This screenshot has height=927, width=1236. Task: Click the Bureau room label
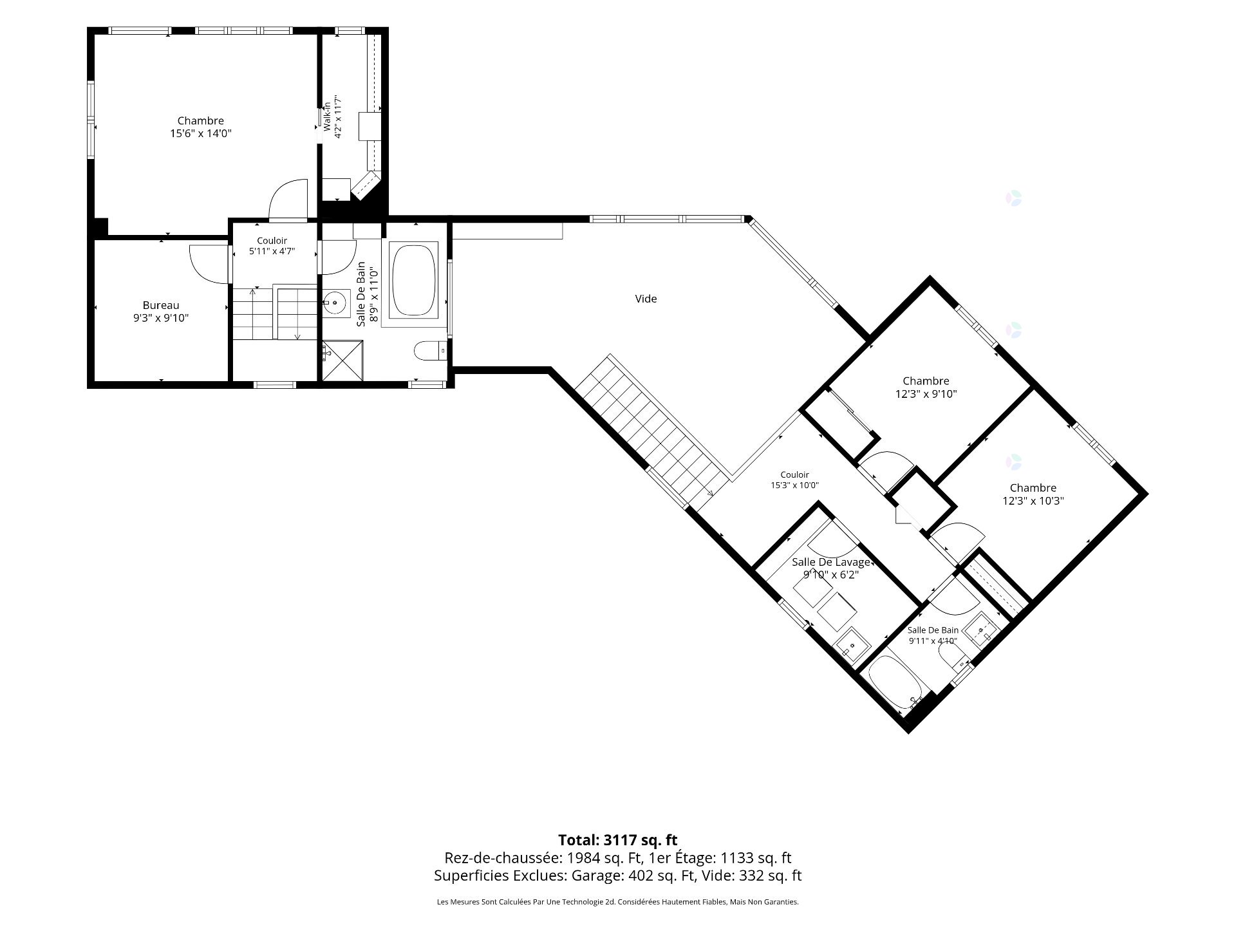(161, 305)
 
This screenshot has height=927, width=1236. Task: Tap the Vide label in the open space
(646, 299)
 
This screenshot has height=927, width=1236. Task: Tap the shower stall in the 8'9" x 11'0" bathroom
(342, 361)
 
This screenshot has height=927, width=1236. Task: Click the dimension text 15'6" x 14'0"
(200, 134)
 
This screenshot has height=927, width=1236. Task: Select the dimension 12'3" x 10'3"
(1033, 501)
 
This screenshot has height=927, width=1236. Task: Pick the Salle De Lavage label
(830, 562)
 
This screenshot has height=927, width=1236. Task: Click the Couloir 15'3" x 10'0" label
(794, 480)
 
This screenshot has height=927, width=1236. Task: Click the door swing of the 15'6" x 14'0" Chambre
(288, 199)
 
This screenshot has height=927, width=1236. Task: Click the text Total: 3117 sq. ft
(617, 839)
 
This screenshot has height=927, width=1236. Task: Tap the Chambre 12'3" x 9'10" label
(926, 388)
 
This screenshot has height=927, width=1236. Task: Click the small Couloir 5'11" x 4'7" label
(272, 246)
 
